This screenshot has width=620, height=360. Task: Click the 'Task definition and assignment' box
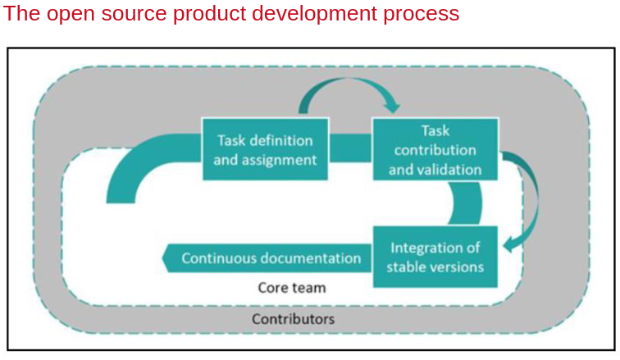[265, 149]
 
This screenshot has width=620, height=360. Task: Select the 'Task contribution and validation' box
[435, 150]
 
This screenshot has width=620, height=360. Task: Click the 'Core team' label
[292, 288]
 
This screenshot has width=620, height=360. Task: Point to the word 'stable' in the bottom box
[408, 267]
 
